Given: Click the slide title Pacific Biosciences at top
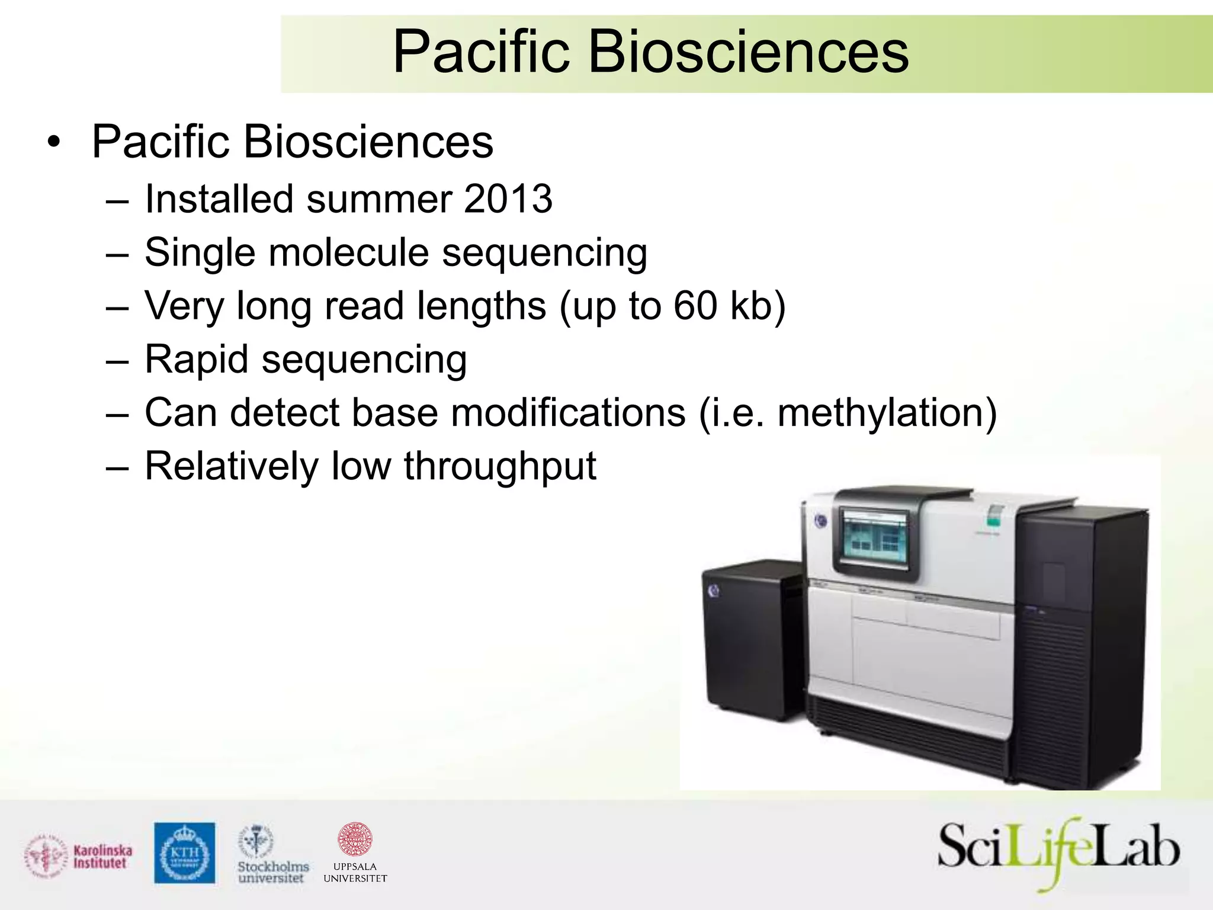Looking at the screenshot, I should [650, 52].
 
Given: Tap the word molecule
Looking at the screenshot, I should [347, 252].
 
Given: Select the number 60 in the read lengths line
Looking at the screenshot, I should [695, 306].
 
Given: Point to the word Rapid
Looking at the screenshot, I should [197, 360].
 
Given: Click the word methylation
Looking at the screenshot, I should [887, 412].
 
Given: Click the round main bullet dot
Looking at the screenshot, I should [54, 142].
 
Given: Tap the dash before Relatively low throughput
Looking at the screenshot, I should [117, 467].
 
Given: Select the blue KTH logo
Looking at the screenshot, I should [185, 853].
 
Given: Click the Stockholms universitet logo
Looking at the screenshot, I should [273, 854].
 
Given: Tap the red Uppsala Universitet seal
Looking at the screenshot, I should [355, 839].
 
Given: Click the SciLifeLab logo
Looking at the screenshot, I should [1058, 853].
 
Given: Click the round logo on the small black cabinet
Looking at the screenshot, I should [714, 591].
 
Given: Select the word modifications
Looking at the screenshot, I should [568, 412].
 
